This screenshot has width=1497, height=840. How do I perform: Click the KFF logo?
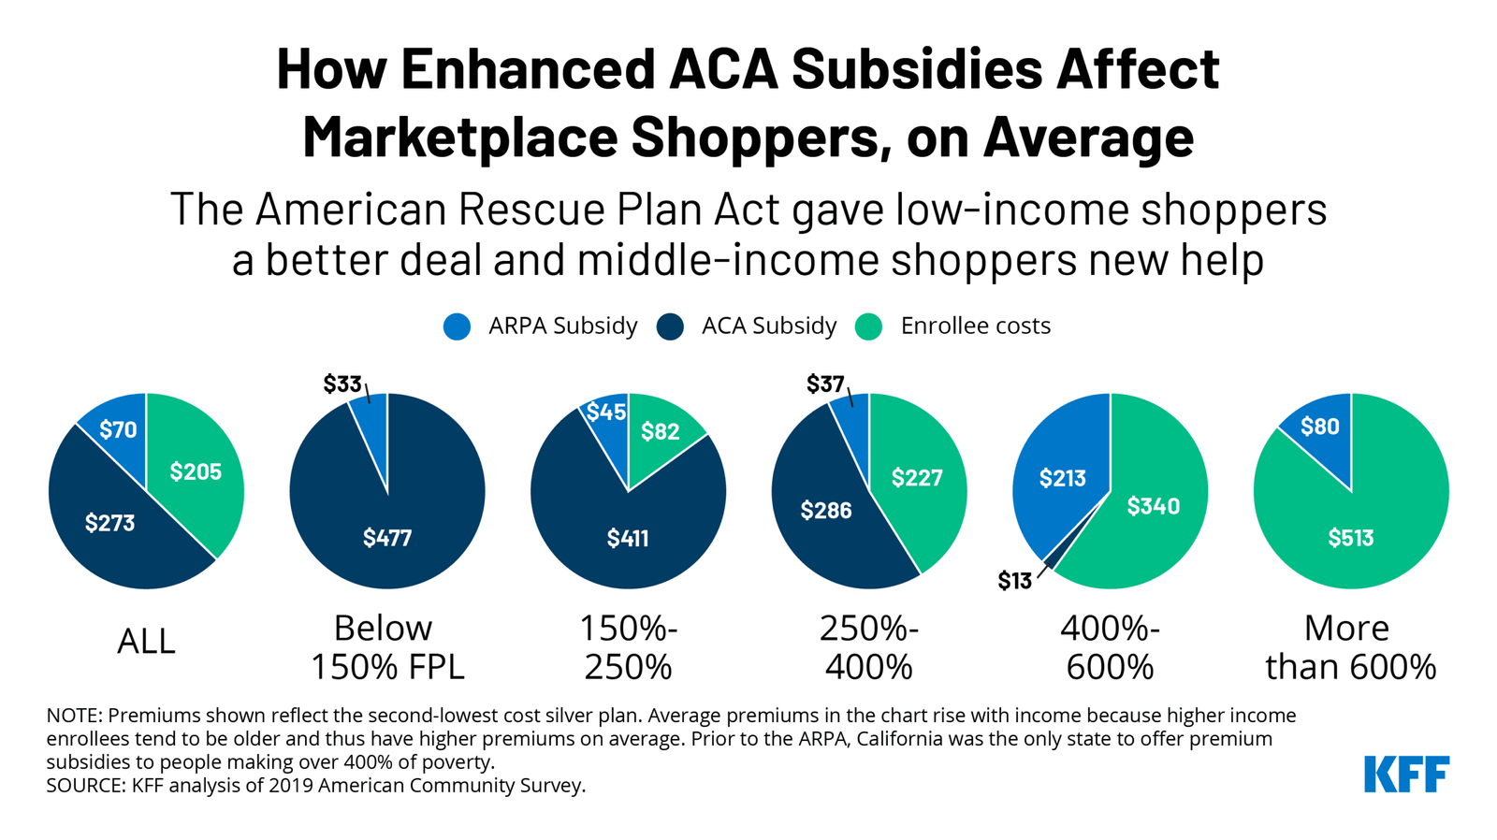pos(1406,775)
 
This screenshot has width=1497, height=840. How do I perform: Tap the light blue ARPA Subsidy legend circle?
pos(457,326)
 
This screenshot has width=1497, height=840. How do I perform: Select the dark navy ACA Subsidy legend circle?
pos(670,326)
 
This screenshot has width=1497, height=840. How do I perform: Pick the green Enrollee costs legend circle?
pos(869,326)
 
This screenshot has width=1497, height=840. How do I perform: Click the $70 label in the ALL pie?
pos(118,430)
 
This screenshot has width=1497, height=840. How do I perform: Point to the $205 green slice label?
pos(196,472)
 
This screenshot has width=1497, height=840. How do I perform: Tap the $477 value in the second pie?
pos(387,538)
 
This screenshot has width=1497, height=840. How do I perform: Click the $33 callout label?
pos(342,384)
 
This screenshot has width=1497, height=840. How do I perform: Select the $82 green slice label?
pos(661,431)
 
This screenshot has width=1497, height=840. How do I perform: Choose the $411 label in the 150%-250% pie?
pos(628,538)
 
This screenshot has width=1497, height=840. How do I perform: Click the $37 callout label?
pos(825,384)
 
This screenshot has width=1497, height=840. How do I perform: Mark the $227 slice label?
pos(917,478)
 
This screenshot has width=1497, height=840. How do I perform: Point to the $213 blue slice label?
pos(1063,479)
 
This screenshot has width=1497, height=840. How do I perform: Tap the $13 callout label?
pos(1014,582)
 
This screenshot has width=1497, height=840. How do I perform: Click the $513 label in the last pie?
pos(1351,538)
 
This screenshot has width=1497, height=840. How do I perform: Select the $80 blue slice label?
pos(1320,427)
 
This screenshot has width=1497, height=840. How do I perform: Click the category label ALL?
pos(146,642)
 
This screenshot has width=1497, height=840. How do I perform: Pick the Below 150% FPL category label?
pos(386,647)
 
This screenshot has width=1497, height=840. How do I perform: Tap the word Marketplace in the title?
pos(458,138)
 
